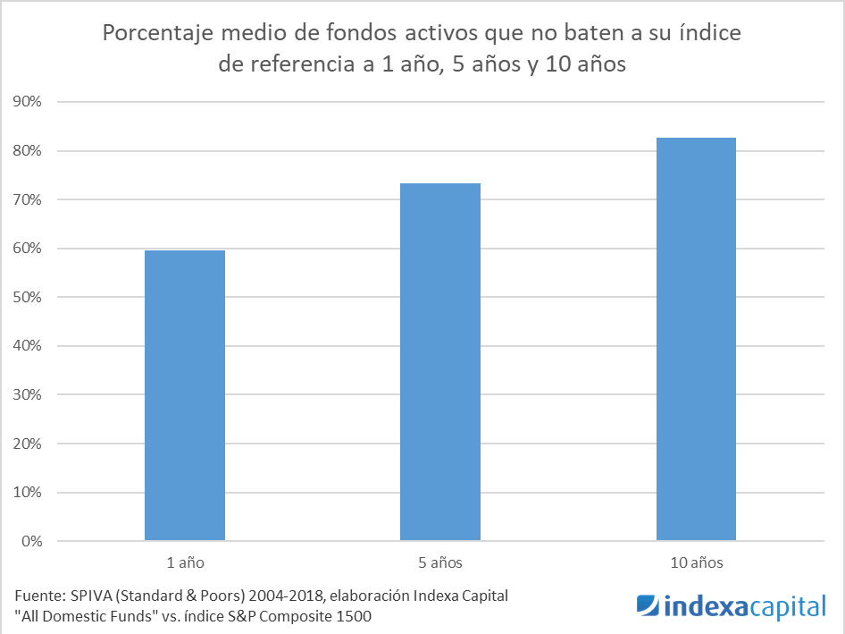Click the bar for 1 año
click(184, 395)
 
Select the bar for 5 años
click(440, 362)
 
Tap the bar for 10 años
click(696, 339)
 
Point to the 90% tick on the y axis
click(27, 102)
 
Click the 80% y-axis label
click(27, 151)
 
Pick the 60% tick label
click(27, 249)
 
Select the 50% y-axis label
click(27, 298)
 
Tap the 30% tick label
click(27, 395)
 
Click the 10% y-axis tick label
click(27, 493)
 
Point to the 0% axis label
click(30, 542)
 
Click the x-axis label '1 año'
click(184, 563)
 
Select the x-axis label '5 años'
click(440, 563)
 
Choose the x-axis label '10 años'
click(696, 563)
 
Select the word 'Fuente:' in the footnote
click(40, 596)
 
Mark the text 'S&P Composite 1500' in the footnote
click(307, 615)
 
